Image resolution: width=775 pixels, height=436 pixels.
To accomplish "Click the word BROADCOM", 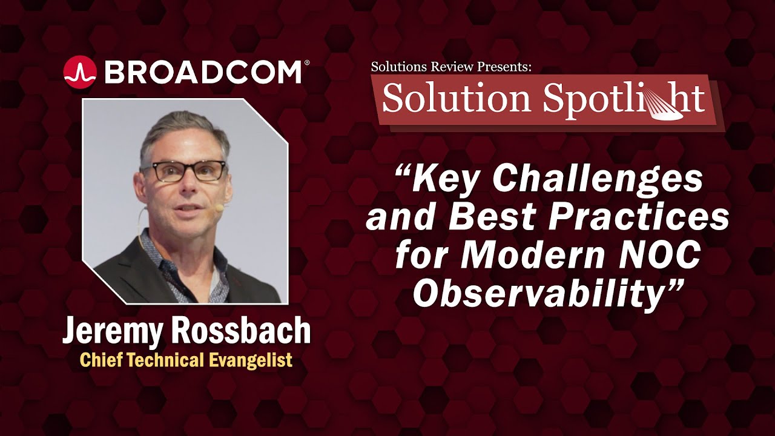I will tap(203, 72).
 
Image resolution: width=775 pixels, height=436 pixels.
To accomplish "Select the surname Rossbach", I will tap(240, 331).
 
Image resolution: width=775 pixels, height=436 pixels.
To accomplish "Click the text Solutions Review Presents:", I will tap(451, 67).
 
